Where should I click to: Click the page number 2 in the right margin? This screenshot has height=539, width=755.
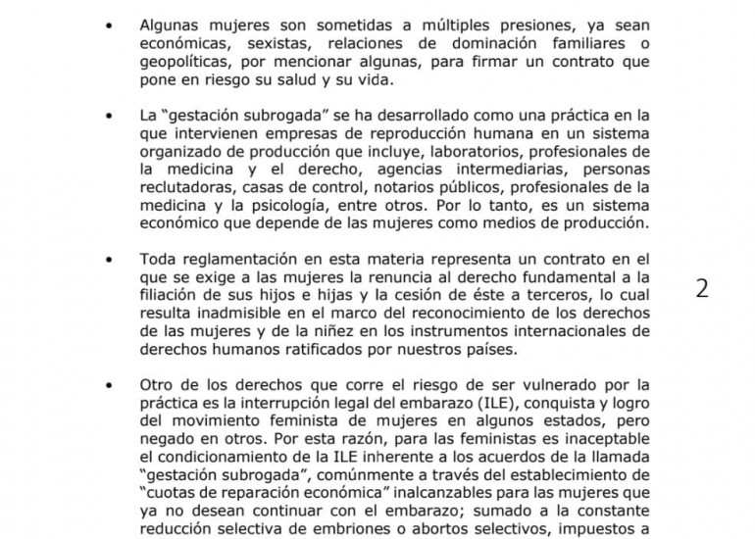pyautogui.click(x=702, y=290)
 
